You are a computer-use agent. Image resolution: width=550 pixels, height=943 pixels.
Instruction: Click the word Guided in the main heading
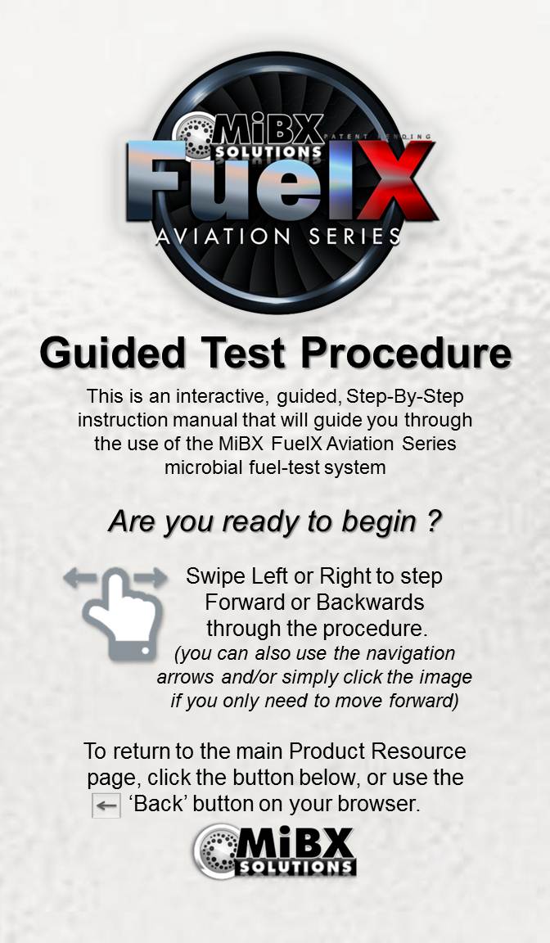click(112, 353)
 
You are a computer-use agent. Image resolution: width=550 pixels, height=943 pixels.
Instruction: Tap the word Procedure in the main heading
click(406, 353)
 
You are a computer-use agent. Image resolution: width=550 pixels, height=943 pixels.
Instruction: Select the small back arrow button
click(106, 805)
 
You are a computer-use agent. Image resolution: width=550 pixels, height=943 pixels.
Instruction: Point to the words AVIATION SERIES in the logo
click(278, 237)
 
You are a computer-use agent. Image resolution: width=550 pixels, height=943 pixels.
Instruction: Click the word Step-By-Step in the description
click(405, 397)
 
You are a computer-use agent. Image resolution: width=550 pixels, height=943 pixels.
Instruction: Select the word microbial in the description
click(202, 467)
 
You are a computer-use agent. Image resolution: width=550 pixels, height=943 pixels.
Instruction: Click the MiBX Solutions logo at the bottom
click(274, 851)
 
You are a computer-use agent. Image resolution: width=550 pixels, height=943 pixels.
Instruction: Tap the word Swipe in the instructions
click(215, 576)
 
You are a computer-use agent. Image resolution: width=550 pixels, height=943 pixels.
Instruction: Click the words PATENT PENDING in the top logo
click(377, 137)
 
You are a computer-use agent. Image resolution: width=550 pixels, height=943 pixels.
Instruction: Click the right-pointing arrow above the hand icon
click(150, 578)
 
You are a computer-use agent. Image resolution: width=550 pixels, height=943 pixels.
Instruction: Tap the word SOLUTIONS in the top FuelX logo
click(268, 151)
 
